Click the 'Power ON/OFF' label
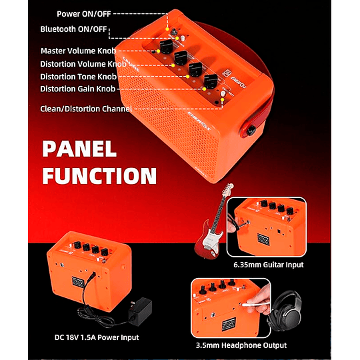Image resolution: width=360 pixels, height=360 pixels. [x=84, y=13]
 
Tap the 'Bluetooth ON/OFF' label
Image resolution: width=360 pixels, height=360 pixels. [x=73, y=29]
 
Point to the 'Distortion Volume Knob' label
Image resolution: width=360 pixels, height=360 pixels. [x=83, y=64]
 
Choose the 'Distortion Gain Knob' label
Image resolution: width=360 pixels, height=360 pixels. [x=78, y=89]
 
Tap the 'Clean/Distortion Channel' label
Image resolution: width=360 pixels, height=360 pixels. [x=86, y=108]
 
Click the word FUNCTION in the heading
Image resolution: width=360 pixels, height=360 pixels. [x=99, y=176]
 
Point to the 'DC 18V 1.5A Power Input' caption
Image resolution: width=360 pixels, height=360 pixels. [x=98, y=337]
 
